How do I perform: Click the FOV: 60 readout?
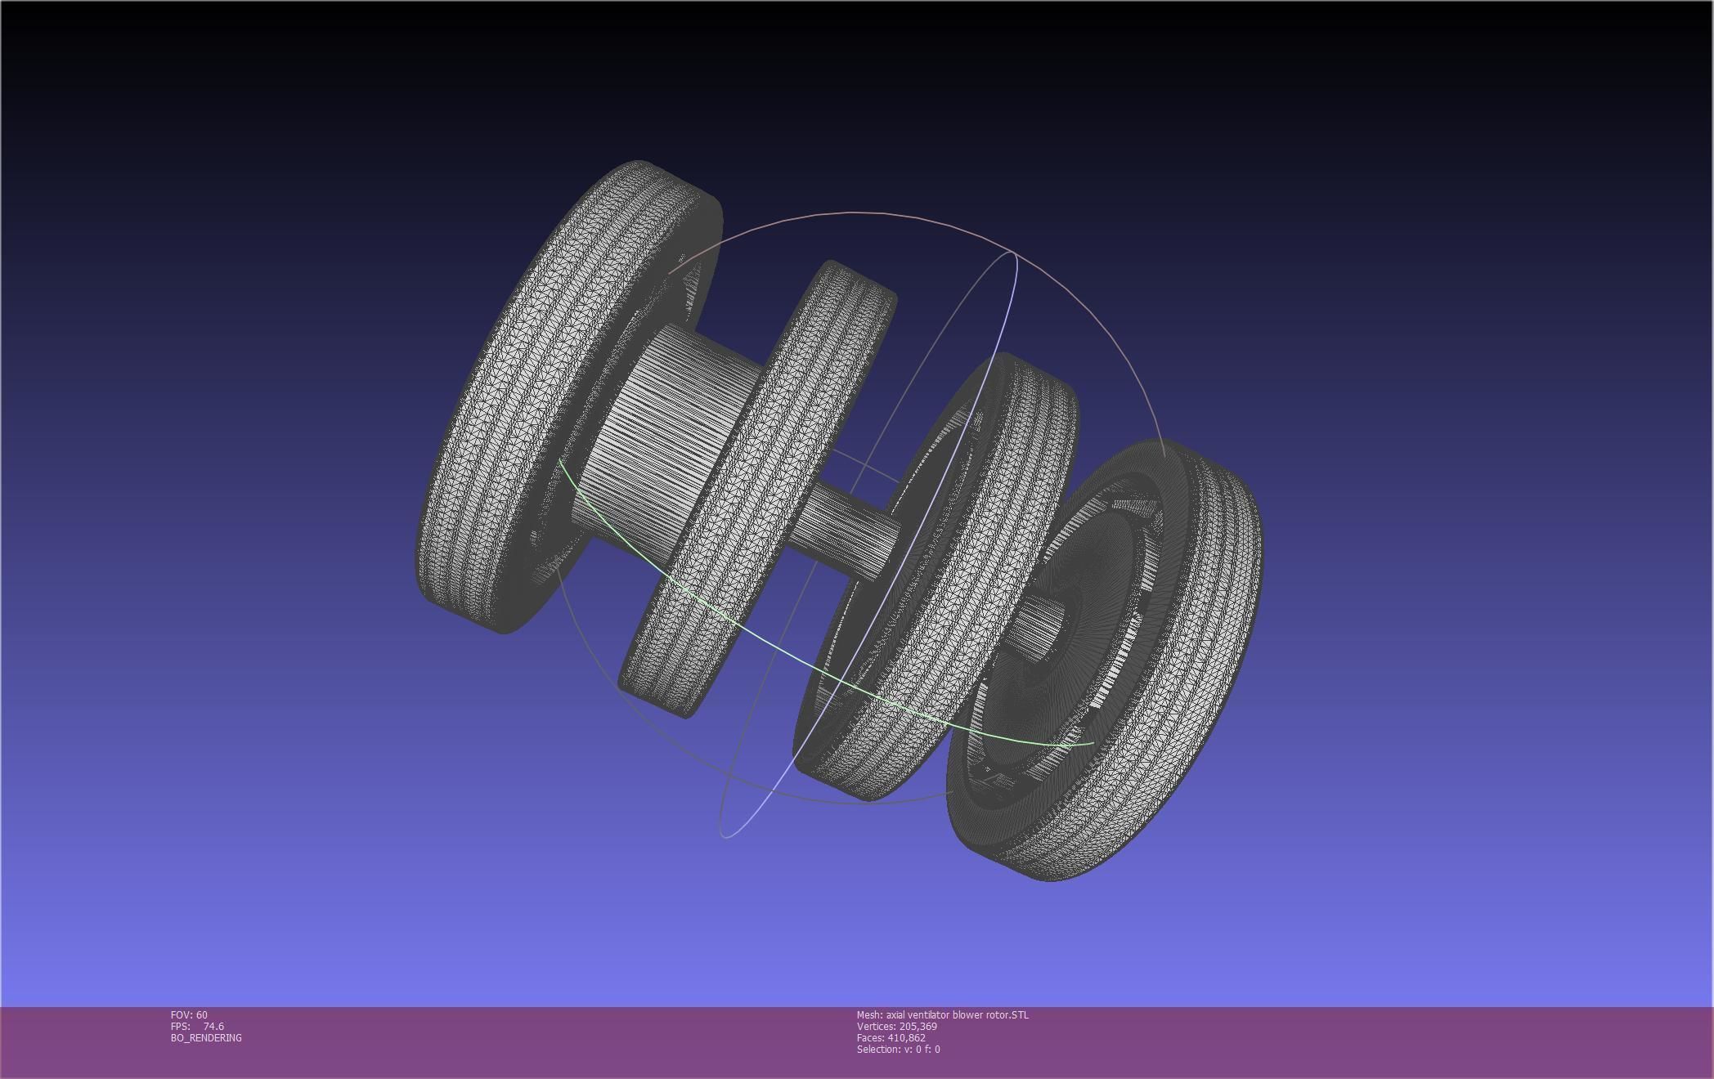(x=189, y=1014)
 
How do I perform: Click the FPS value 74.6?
(x=213, y=1026)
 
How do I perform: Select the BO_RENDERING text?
(x=206, y=1037)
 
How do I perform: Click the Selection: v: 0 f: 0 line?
(x=898, y=1049)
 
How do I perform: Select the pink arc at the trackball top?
(x=859, y=213)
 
